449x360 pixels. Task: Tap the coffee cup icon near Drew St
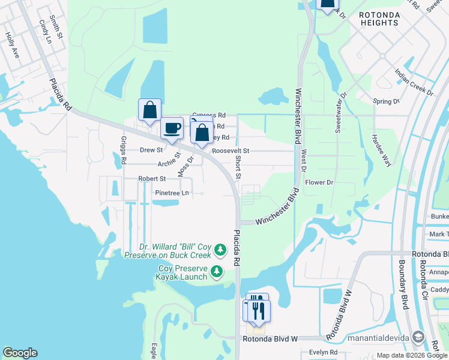[x=172, y=128]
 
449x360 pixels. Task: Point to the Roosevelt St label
[x=231, y=152]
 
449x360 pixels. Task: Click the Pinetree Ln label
[x=172, y=193]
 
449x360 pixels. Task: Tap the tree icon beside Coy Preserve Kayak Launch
[x=217, y=273]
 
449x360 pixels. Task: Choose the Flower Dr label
[x=319, y=182]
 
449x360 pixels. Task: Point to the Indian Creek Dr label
[x=414, y=82]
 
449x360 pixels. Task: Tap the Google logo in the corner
[x=20, y=353]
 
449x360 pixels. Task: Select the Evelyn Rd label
[x=323, y=353]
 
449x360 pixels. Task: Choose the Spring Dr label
[x=386, y=102]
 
